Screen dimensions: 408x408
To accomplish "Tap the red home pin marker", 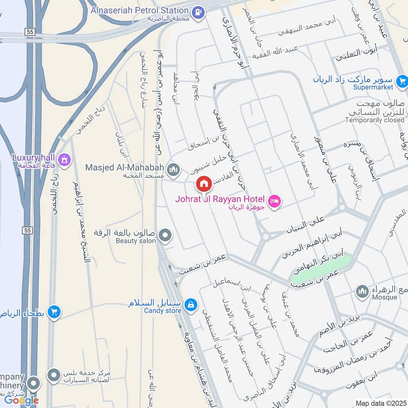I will (x=203, y=183).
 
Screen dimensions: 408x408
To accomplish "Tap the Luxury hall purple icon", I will (x=64, y=159).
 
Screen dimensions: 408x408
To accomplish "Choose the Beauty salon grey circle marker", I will (x=165, y=236).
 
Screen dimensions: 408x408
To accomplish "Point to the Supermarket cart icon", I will (x=402, y=80).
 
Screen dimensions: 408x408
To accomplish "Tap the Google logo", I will (x=21, y=400).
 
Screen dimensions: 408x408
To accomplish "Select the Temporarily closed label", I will (x=374, y=120).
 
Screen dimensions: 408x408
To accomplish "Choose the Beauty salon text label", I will (x=134, y=241).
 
